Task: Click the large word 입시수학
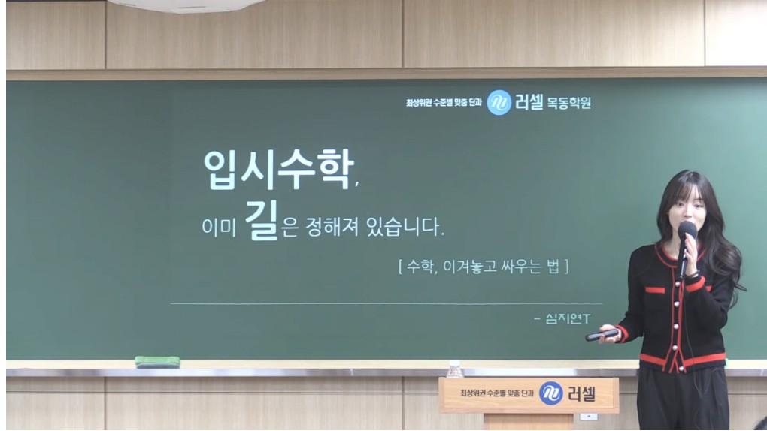tap(278, 169)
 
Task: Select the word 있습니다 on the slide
tap(405, 227)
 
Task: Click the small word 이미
tap(219, 228)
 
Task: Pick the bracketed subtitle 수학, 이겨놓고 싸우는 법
tap(484, 267)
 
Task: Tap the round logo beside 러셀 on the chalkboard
tap(499, 103)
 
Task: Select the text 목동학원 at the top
tap(569, 103)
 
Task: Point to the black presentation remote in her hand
tap(602, 335)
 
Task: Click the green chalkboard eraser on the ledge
tap(157, 362)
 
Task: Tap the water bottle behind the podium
tap(455, 369)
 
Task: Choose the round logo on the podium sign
tap(550, 393)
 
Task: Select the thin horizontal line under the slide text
tap(386, 304)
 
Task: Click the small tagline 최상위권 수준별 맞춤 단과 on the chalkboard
tap(444, 103)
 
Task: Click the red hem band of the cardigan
tap(682, 360)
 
